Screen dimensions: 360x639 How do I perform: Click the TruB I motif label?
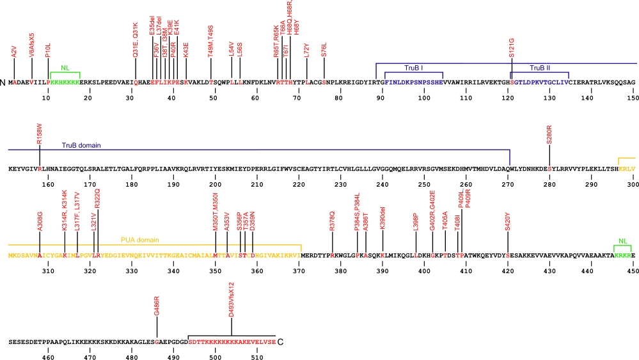pos(414,67)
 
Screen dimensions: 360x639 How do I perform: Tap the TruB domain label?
pos(81,145)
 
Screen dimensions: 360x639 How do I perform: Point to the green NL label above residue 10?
pos(65,67)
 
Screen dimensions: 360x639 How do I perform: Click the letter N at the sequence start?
pos(4,82)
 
